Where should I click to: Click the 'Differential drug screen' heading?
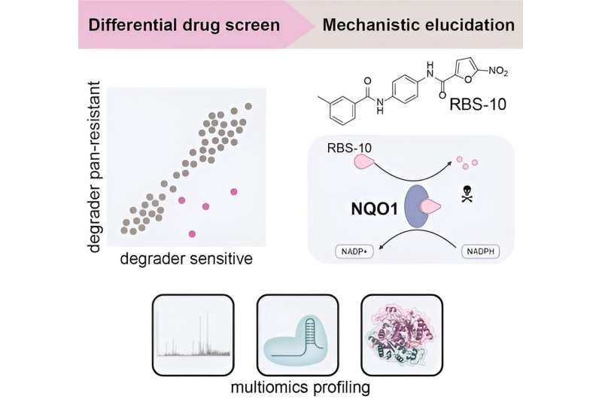pyautogui.click(x=184, y=24)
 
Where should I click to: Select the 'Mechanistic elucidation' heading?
pyautogui.click(x=418, y=24)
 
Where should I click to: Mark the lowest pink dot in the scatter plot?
pyautogui.click(x=193, y=234)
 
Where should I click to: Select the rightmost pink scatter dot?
pyautogui.click(x=234, y=191)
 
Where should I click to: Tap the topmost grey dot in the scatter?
pyautogui.click(x=249, y=106)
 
